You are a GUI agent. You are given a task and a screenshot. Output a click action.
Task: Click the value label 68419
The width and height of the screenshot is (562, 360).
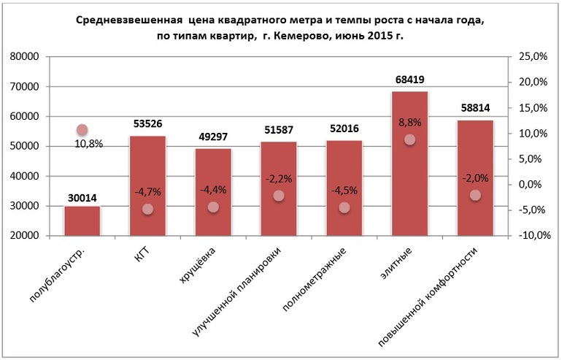409,80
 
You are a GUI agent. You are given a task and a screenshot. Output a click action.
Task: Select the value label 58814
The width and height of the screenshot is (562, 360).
475,109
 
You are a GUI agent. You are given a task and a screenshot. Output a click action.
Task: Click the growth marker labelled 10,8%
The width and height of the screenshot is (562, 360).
82,130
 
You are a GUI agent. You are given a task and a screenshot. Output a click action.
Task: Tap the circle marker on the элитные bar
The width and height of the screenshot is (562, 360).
409,139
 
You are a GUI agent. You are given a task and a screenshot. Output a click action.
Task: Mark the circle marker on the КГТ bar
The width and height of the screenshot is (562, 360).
147,209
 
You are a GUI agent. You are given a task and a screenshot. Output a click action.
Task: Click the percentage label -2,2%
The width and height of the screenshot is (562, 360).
278,178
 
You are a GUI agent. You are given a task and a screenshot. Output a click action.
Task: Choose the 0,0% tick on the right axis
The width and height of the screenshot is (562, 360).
533,185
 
